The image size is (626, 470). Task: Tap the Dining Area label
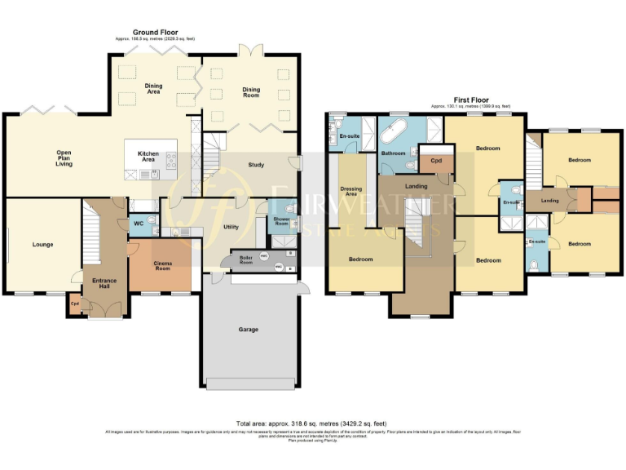point(153,89)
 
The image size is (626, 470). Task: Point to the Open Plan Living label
point(64,158)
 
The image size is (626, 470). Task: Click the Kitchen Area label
point(148,157)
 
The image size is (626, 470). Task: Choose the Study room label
point(256,166)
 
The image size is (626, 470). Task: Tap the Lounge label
point(42,244)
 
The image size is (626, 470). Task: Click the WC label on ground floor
point(138,224)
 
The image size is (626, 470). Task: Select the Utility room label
point(231,227)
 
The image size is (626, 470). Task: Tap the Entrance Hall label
point(104,283)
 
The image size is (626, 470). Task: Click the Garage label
point(249,330)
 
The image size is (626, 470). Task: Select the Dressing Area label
point(351,192)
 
